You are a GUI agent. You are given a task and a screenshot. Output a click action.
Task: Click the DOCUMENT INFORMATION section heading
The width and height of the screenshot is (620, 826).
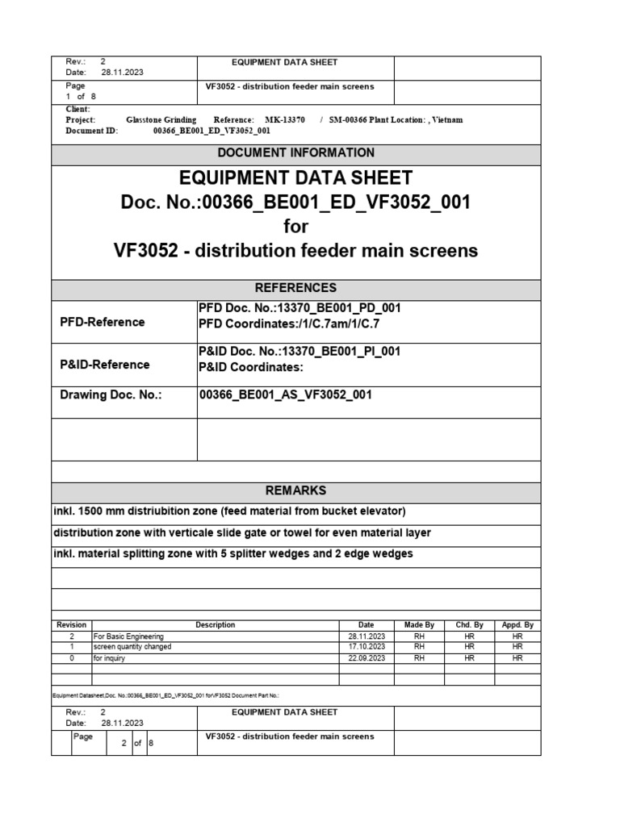(x=295, y=152)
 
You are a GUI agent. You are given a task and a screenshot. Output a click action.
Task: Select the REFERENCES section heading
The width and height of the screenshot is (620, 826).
(x=295, y=288)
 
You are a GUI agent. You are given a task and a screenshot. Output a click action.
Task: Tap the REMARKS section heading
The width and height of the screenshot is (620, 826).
(x=295, y=490)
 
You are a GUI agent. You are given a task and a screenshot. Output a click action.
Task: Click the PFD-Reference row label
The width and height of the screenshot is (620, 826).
(x=103, y=322)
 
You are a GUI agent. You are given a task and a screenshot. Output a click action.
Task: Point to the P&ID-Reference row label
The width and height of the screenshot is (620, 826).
(x=105, y=365)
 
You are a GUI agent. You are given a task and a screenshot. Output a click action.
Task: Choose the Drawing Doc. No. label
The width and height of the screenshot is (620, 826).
(x=111, y=394)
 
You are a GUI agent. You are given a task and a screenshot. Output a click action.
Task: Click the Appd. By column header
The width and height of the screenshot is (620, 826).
(x=517, y=625)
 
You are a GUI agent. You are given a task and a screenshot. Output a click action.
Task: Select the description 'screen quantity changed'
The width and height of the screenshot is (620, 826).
(x=132, y=647)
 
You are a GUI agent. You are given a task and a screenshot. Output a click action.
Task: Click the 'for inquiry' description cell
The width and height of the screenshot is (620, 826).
(x=110, y=658)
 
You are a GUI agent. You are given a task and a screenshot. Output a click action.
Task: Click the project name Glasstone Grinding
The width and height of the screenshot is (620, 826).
(x=161, y=119)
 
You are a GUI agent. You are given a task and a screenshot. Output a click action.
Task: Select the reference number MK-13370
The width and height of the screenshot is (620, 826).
(x=285, y=119)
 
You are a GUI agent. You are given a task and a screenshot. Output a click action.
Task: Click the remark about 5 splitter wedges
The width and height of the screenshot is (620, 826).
(x=232, y=553)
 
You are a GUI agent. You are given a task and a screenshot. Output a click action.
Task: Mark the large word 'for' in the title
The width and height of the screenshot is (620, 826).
(x=295, y=227)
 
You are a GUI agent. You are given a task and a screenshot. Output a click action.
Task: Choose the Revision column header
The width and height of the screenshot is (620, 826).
(x=71, y=625)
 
